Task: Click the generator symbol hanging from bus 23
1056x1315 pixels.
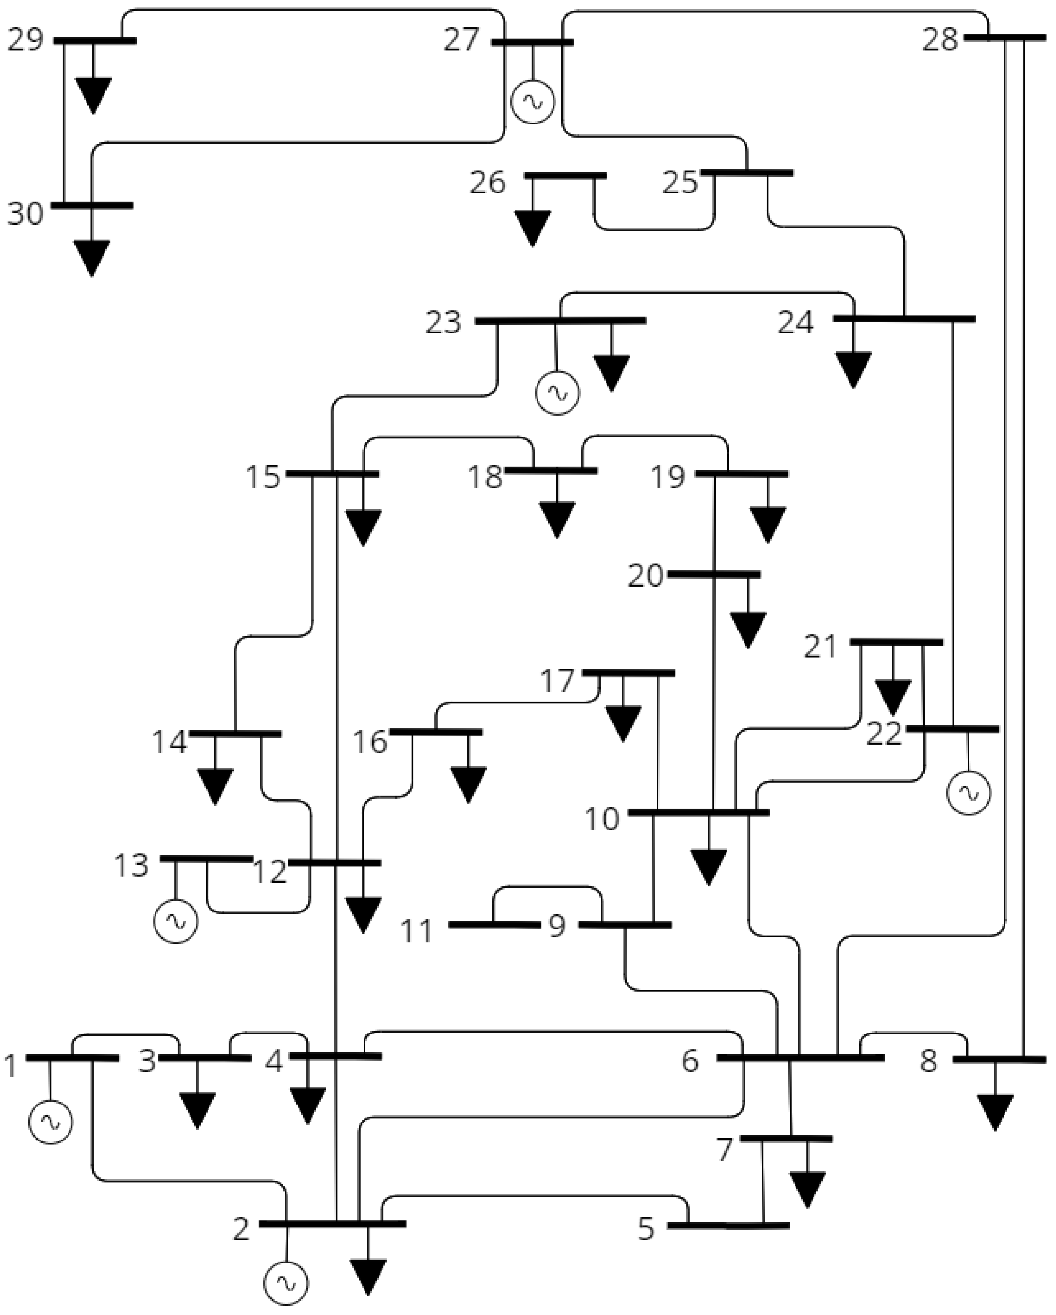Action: tap(557, 393)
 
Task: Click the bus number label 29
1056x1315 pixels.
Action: tap(26, 41)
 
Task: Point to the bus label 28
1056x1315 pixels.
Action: tap(940, 40)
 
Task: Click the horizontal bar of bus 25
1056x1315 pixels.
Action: tap(747, 173)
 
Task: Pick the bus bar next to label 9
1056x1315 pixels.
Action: tap(625, 925)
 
